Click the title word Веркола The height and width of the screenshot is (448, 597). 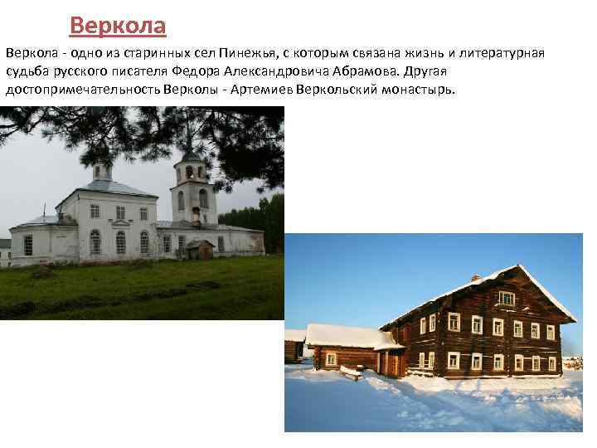click(x=118, y=26)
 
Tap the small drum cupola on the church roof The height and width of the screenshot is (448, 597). click(x=102, y=170)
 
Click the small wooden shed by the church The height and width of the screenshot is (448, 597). click(x=200, y=249)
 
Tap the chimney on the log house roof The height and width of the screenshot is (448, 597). click(x=476, y=276)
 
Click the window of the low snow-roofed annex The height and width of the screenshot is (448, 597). click(x=332, y=358)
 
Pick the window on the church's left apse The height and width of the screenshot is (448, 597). click(x=28, y=245)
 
